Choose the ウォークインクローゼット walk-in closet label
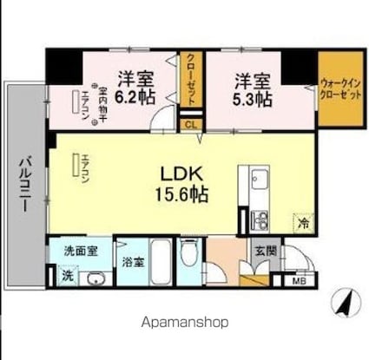pyautogui.click(x=339, y=89)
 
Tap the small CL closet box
pyautogui.click(x=189, y=124)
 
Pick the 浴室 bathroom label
pyautogui.click(x=133, y=259)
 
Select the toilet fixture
pyautogui.click(x=190, y=260)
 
